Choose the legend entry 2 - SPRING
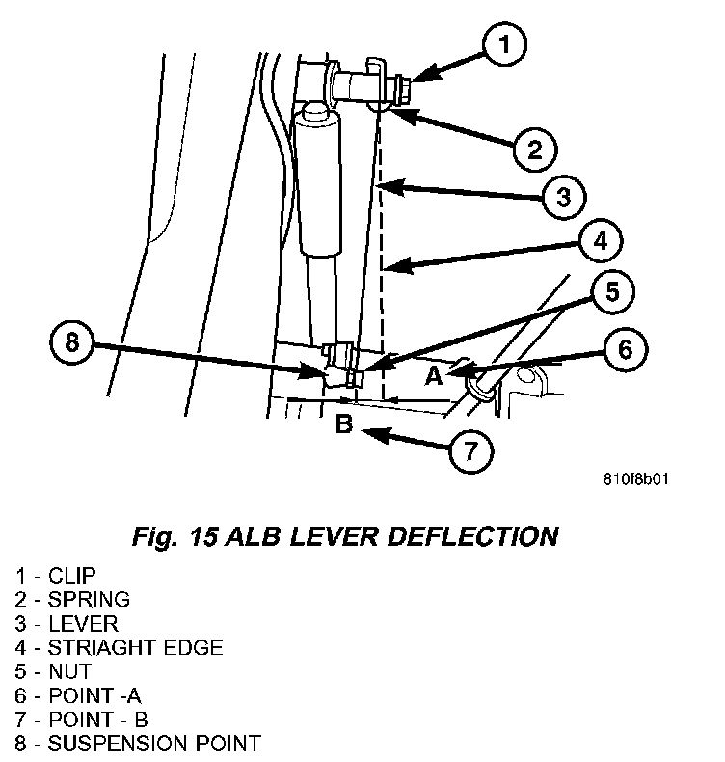click(x=71, y=599)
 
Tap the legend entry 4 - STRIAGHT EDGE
click(x=119, y=647)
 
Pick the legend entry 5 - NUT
click(x=52, y=671)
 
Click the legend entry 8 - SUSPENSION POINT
click(x=137, y=744)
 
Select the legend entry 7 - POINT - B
click(x=81, y=720)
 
